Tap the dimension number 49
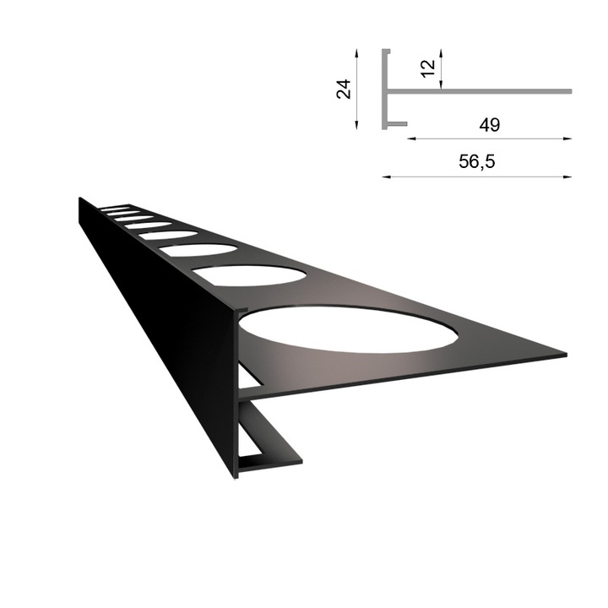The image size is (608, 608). (x=488, y=126)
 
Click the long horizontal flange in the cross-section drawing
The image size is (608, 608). (x=490, y=90)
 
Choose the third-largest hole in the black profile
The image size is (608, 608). (x=201, y=250)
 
